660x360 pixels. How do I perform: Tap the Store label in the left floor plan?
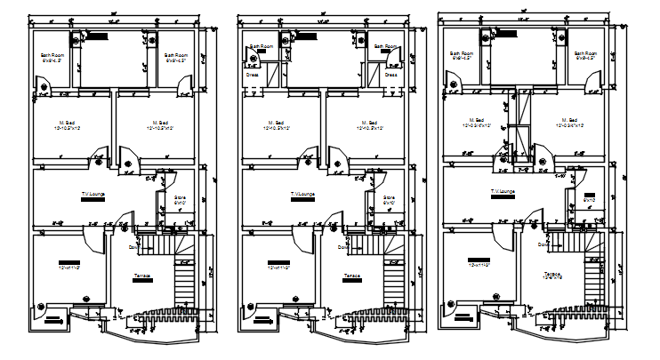click(179, 197)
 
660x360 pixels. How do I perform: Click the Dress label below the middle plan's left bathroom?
click(254, 76)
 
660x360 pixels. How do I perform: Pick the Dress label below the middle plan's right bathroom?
click(389, 76)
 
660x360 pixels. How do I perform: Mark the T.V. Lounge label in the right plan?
click(503, 191)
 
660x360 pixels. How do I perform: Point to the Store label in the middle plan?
click(388, 197)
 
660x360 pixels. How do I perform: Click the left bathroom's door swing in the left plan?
click(43, 85)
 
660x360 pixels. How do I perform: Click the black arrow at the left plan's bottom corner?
click(55, 324)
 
